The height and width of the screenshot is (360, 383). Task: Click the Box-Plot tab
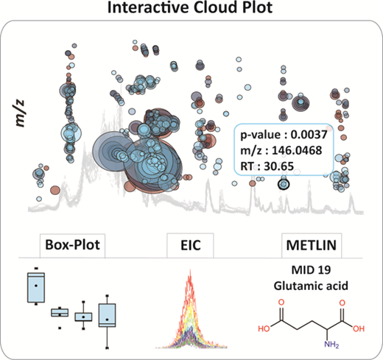point(72,246)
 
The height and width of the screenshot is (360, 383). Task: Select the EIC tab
point(190,246)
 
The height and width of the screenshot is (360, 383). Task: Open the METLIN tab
point(312,246)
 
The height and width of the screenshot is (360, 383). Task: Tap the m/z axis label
point(20,113)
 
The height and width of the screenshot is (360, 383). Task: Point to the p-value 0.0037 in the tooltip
point(309,135)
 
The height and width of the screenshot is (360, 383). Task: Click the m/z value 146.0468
point(297,150)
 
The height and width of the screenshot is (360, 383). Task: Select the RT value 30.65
point(278,166)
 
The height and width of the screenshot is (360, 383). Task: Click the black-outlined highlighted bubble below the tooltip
point(284,184)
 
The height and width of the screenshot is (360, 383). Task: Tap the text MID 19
point(311,270)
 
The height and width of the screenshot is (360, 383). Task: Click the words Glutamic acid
point(311,286)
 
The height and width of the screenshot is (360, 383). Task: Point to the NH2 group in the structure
point(331,345)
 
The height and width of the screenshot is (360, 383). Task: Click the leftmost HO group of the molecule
point(264,328)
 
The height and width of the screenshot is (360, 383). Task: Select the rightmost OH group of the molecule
point(359,328)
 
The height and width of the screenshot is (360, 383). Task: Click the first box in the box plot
point(36,287)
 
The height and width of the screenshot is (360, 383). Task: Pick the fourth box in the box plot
point(107,315)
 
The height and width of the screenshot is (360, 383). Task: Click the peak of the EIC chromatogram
point(190,269)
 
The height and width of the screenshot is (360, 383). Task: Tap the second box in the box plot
point(60,313)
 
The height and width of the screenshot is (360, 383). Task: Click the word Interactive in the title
point(149,7)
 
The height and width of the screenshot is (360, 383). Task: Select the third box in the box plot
point(83,317)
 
